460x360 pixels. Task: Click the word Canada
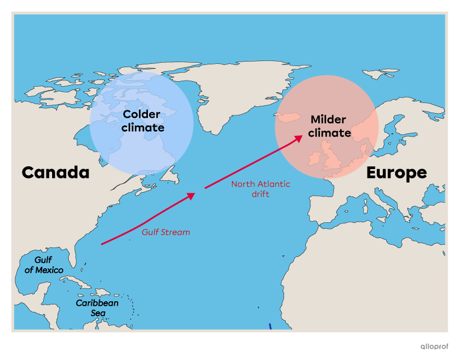[x=55, y=172]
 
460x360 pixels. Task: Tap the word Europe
[x=396, y=173]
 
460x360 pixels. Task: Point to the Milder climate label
[x=329, y=127]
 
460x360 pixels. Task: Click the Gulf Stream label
[x=165, y=232]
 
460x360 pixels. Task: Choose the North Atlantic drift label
[x=261, y=189]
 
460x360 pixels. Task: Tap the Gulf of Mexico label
[x=43, y=265]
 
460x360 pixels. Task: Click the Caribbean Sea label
[x=97, y=307]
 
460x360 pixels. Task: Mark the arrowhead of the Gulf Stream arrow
[x=192, y=195]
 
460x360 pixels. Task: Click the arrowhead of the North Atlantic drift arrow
[x=300, y=138]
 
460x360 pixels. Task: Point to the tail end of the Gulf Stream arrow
[x=102, y=244]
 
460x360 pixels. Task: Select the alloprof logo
[x=434, y=347]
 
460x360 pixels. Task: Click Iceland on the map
[x=290, y=117]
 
